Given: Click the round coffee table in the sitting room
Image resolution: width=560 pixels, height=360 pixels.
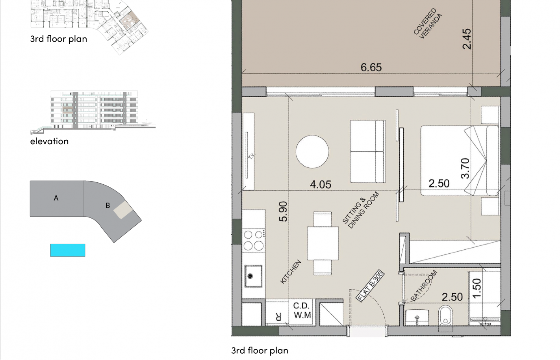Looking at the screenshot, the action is click(312, 152).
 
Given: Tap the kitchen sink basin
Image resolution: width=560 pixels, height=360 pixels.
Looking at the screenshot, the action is click(253, 276).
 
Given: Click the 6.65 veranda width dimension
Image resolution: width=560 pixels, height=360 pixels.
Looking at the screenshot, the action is click(371, 67).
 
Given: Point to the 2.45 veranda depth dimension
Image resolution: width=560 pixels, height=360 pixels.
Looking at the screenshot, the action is click(467, 39).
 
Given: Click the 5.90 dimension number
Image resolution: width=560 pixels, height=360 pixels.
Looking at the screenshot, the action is click(283, 212).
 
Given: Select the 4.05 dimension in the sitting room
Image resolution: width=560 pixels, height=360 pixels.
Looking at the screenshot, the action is click(321, 185).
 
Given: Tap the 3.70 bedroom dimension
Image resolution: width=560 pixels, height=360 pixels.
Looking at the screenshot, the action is click(465, 169).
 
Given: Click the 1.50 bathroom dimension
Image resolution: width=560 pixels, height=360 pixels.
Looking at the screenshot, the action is click(477, 288).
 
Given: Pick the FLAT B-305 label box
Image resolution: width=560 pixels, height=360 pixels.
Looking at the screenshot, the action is click(370, 286).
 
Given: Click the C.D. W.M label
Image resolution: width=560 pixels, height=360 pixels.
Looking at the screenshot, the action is click(302, 310).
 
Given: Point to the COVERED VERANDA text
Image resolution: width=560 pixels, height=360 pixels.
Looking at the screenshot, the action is click(428, 24).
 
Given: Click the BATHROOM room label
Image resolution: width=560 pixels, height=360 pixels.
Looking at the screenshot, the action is click(424, 286).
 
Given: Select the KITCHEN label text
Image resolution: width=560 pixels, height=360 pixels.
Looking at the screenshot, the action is click(291, 272).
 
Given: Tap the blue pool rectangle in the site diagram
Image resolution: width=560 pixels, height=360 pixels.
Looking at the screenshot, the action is click(68, 250).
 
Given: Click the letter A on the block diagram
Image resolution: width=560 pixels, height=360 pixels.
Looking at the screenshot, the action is click(56, 198).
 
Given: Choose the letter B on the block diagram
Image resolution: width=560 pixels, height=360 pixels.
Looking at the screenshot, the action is click(108, 206).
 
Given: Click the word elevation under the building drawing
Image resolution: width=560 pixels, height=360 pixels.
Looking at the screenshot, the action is click(49, 141).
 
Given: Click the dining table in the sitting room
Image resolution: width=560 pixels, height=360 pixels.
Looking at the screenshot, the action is click(323, 243).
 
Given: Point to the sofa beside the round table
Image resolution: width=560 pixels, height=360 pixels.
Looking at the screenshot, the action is click(368, 151).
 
